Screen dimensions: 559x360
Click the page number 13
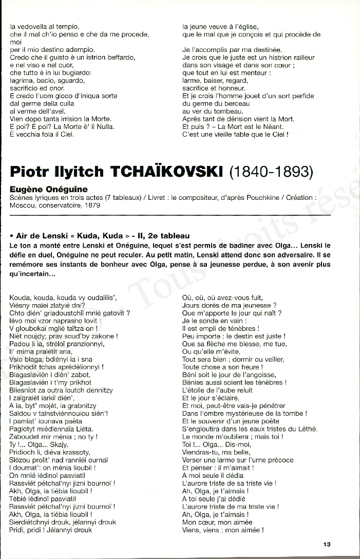click(x=327, y=545)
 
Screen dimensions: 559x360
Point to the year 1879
click(x=92, y=205)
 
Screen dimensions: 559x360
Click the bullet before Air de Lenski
click(x=11, y=236)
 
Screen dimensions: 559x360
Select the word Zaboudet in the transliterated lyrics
click(x=24, y=437)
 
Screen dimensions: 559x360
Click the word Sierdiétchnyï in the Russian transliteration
click(x=31, y=522)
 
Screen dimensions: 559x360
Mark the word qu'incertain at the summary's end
click(x=33, y=274)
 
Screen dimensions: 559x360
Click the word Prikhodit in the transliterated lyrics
click(x=25, y=367)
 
